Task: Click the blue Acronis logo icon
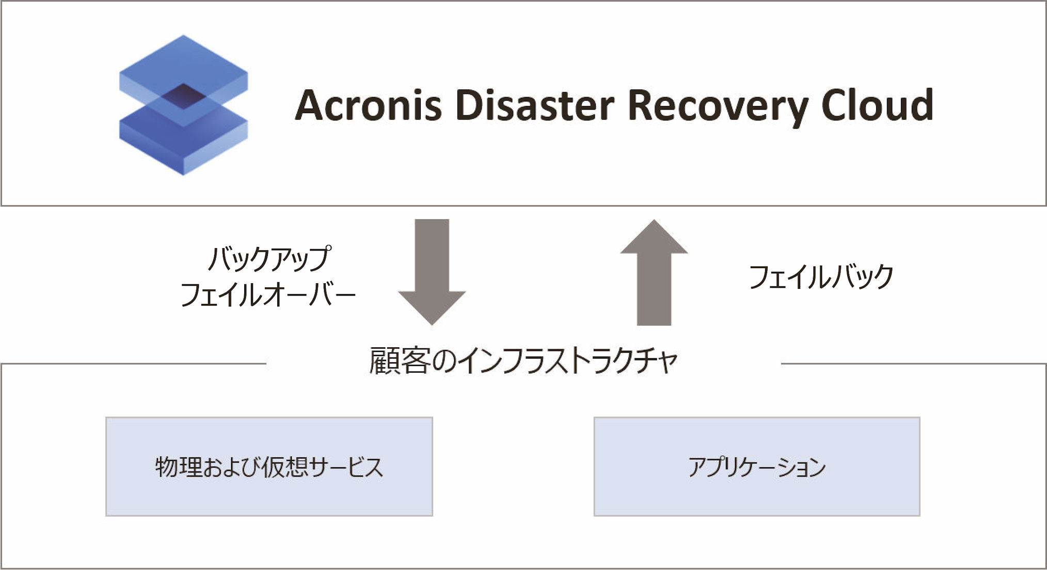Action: pyautogui.click(x=183, y=105)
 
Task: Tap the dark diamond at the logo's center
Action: pyautogui.click(x=183, y=97)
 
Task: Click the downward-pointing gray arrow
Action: pyautogui.click(x=432, y=272)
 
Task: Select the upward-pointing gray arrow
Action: pyautogui.click(x=654, y=272)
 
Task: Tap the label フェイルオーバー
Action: pyautogui.click(x=268, y=295)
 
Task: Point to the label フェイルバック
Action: pyautogui.click(x=821, y=277)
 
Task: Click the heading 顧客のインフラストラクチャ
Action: pyautogui.click(x=523, y=361)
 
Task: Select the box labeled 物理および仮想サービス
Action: pyautogui.click(x=269, y=467)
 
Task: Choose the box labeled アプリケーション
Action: pyautogui.click(x=757, y=467)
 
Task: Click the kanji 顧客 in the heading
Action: pyautogui.click(x=400, y=361)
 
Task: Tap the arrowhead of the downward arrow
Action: pyautogui.click(x=432, y=308)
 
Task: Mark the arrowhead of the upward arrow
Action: pyautogui.click(x=654, y=236)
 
